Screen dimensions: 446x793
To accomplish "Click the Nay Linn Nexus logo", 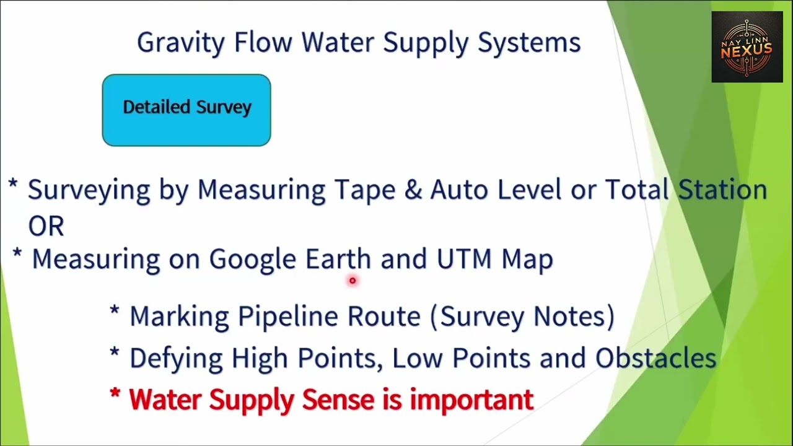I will [x=747, y=47].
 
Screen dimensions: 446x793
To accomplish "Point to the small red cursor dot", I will [x=353, y=281].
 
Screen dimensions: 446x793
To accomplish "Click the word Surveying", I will [x=89, y=190].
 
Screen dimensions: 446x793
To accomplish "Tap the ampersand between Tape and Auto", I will [x=413, y=190].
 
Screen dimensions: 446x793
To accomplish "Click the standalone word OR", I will [x=46, y=227].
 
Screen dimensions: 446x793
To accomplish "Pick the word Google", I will [x=253, y=260].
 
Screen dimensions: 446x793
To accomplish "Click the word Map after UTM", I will [x=527, y=260].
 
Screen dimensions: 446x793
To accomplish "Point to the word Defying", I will [x=177, y=359].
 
